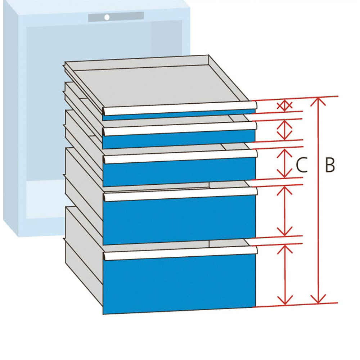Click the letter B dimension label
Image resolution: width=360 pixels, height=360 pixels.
(330, 165)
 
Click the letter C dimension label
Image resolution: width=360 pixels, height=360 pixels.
(302, 166)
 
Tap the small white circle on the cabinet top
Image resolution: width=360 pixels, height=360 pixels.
(107, 17)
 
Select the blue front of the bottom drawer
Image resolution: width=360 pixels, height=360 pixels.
(179, 283)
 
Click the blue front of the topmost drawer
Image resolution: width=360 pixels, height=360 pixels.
(179, 114)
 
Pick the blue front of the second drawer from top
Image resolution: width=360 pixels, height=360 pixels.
(179, 139)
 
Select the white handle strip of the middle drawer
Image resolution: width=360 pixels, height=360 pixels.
(180, 156)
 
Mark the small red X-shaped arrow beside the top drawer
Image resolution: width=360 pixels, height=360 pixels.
(284, 105)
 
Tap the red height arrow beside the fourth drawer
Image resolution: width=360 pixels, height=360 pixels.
(285, 211)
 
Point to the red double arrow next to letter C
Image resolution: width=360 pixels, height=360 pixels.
(285, 163)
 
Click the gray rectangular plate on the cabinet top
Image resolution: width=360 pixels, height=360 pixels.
(116, 17)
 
